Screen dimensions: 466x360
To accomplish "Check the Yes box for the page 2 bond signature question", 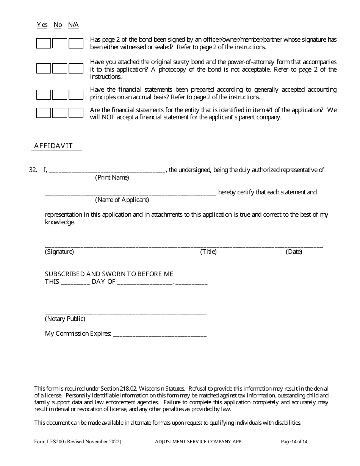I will pos(43,43).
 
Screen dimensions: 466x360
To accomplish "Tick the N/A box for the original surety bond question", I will pos(76,69).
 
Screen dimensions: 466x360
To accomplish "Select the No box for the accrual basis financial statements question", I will pos(59,94).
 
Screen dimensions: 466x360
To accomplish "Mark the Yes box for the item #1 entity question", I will pos(43,113).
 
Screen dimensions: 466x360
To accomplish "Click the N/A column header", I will pos(74,25).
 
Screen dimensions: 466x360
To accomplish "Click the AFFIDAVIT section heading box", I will pos(56,146).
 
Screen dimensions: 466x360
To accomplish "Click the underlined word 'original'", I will pos(161,62).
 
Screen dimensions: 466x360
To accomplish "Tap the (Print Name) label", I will pos(112,177).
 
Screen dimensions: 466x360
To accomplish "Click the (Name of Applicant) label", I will pos(122,200).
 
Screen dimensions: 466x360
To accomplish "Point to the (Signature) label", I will pos(59,252).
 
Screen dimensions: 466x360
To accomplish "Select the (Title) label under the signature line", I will pos(208,252).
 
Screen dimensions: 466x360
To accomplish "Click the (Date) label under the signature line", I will pos(294,252).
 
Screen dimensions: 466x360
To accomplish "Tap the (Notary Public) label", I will pos(65,319).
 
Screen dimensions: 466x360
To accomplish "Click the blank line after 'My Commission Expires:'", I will pos(160,334).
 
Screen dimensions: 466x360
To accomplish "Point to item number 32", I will pos(33,170).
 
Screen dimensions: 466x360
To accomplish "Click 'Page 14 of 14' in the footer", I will pos(294,441).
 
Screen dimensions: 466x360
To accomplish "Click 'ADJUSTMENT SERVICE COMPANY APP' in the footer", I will pos(198,441).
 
